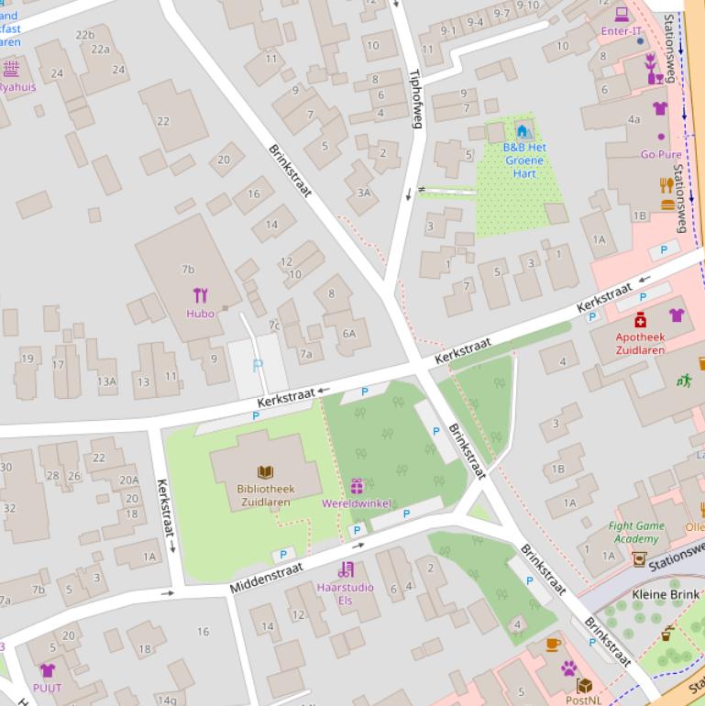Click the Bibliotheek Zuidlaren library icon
point(265,472)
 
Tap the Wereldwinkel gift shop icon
point(356,486)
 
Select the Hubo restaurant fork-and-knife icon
point(201,295)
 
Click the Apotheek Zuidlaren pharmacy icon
point(640,319)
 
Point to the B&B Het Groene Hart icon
point(523,129)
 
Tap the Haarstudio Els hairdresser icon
point(346,569)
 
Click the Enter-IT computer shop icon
point(622,15)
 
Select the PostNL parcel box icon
point(583,685)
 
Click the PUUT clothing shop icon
point(48,670)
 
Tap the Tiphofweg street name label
point(414,98)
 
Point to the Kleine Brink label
point(665,594)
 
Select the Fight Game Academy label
point(636,532)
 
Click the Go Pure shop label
point(661,155)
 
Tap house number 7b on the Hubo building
point(188,270)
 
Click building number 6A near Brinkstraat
point(348,334)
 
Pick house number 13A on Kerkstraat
point(107,381)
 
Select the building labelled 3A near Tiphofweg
point(364,193)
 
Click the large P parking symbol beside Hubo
point(257,365)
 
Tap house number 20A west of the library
point(128,480)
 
